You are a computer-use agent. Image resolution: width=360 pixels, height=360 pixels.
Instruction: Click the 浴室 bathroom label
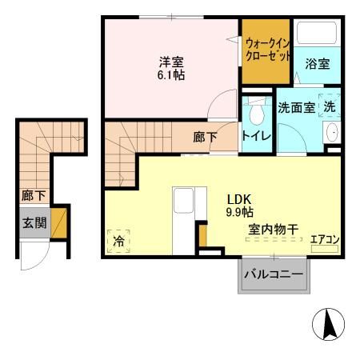click(318, 64)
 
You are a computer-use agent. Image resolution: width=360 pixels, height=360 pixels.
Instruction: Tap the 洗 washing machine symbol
click(329, 105)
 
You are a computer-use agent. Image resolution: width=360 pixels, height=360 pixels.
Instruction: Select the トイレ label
click(256, 136)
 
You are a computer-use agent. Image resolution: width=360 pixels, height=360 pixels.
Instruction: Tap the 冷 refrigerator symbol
click(118, 239)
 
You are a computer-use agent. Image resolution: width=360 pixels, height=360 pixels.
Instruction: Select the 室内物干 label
click(271, 230)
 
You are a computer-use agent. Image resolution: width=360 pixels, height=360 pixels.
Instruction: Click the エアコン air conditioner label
click(324, 239)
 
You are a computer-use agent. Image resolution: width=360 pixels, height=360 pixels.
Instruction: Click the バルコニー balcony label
click(274, 275)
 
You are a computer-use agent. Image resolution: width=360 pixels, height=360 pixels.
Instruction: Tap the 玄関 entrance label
click(33, 222)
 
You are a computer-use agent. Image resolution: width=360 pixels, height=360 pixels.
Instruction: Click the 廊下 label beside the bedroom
click(205, 137)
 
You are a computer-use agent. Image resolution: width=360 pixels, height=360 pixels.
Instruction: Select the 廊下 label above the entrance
click(33, 194)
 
